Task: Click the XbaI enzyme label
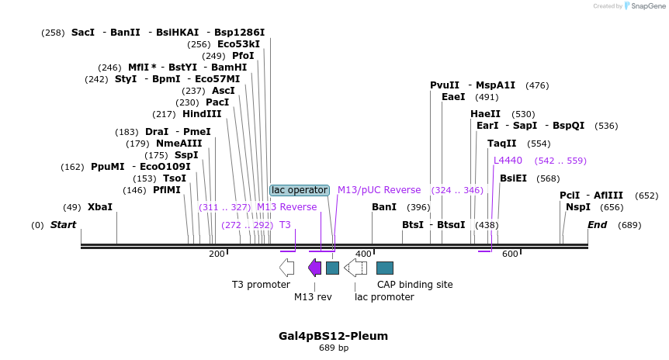(99, 207)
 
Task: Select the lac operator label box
(299, 190)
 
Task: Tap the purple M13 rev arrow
(314, 268)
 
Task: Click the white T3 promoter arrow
(286, 268)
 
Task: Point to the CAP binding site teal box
(384, 268)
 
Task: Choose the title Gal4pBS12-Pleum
(333, 336)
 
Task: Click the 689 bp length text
(334, 348)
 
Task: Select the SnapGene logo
(646, 6)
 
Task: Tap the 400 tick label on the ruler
(363, 254)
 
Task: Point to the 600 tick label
(509, 254)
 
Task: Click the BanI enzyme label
(384, 207)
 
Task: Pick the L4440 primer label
(508, 161)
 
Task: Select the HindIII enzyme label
(202, 114)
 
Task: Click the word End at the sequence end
(597, 225)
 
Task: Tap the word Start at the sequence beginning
(64, 225)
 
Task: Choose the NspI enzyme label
(577, 207)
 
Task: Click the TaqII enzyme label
(502, 144)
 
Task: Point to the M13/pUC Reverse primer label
(379, 190)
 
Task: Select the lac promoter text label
(384, 297)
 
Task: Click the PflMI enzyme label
(166, 190)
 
